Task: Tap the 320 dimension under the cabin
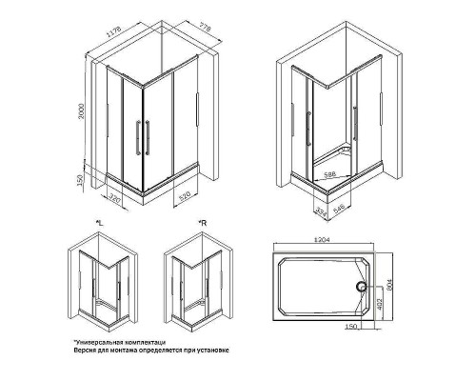point(115,200)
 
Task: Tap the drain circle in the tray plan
point(361,284)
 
